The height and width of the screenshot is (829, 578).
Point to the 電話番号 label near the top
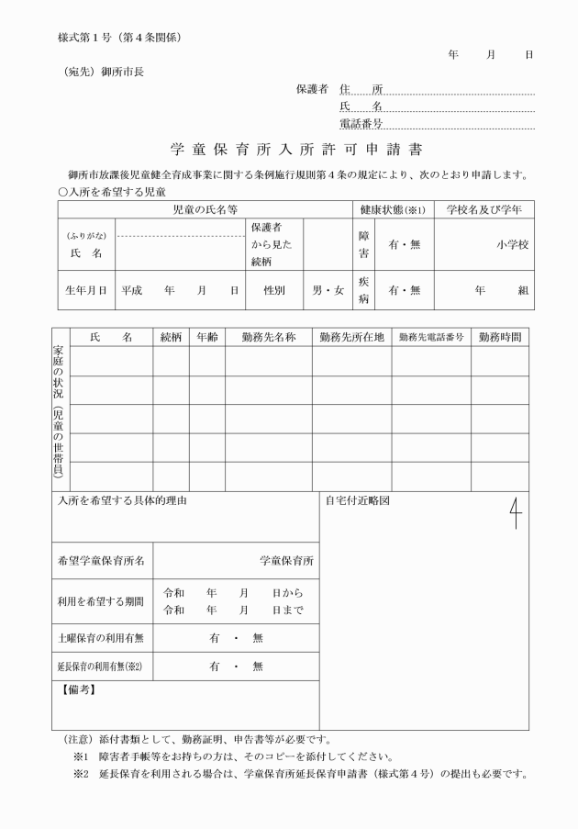tap(361, 123)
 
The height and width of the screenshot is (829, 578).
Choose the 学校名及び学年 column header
tap(484, 210)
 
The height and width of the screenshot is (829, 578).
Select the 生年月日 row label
tap(86, 291)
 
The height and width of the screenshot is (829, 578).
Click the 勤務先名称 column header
tap(268, 337)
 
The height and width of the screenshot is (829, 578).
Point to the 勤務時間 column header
tap(502, 337)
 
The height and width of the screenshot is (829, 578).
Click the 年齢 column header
tap(206, 337)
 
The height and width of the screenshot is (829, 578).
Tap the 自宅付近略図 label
tap(358, 502)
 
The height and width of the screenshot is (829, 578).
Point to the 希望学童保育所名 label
tap(101, 560)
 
